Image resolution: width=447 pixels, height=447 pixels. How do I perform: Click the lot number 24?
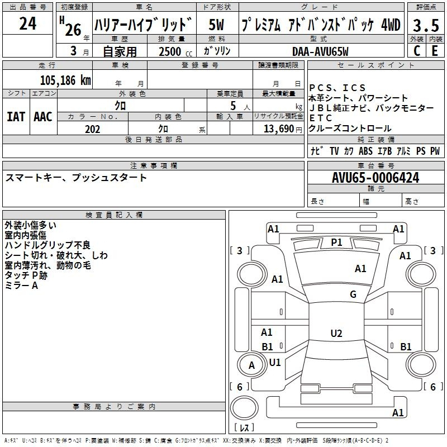[28, 23]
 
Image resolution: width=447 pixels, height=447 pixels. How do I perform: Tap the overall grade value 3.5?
[426, 25]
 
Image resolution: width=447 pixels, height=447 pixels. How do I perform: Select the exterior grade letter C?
[417, 51]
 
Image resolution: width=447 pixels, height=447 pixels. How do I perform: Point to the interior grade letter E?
[435, 51]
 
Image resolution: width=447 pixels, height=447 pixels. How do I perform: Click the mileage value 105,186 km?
[65, 80]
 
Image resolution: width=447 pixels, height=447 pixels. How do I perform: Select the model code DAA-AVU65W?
[320, 51]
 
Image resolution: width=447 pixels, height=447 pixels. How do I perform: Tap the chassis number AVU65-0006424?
[375, 178]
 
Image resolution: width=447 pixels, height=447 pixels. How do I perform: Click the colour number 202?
[92, 129]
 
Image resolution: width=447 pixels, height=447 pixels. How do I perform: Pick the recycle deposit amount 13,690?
[279, 129]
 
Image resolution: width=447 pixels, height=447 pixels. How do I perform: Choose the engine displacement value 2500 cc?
[175, 51]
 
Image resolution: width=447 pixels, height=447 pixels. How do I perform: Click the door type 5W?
[216, 25]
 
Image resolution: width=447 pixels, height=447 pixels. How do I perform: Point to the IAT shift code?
[16, 117]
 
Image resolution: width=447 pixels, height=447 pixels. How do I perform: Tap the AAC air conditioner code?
[43, 117]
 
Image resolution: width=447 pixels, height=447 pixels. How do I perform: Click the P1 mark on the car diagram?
[336, 242]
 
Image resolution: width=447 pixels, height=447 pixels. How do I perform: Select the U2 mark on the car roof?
[336, 333]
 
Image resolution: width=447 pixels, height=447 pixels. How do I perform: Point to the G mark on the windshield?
[353, 294]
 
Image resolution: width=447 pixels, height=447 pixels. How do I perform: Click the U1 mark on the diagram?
[275, 362]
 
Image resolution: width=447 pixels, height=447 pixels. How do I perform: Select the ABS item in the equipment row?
[365, 151]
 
